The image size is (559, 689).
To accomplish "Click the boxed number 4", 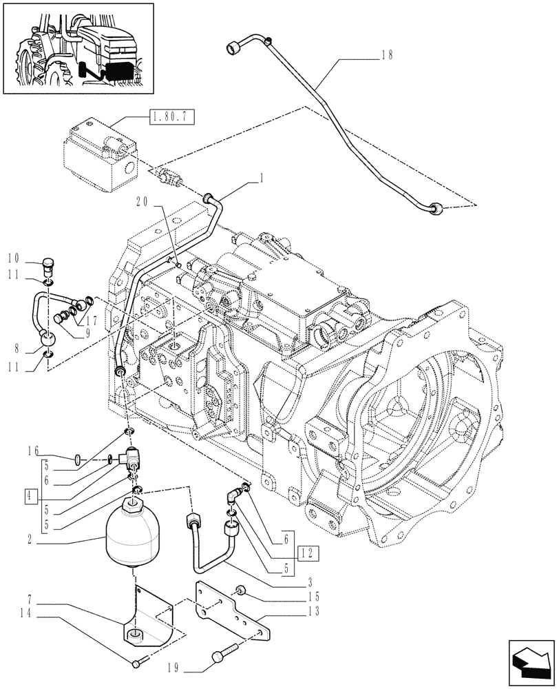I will point(28,494).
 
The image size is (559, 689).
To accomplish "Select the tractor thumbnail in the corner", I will point(78,48).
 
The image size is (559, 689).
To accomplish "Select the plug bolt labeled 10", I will point(48,264).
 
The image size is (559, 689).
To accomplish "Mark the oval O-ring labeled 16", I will point(80,457).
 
